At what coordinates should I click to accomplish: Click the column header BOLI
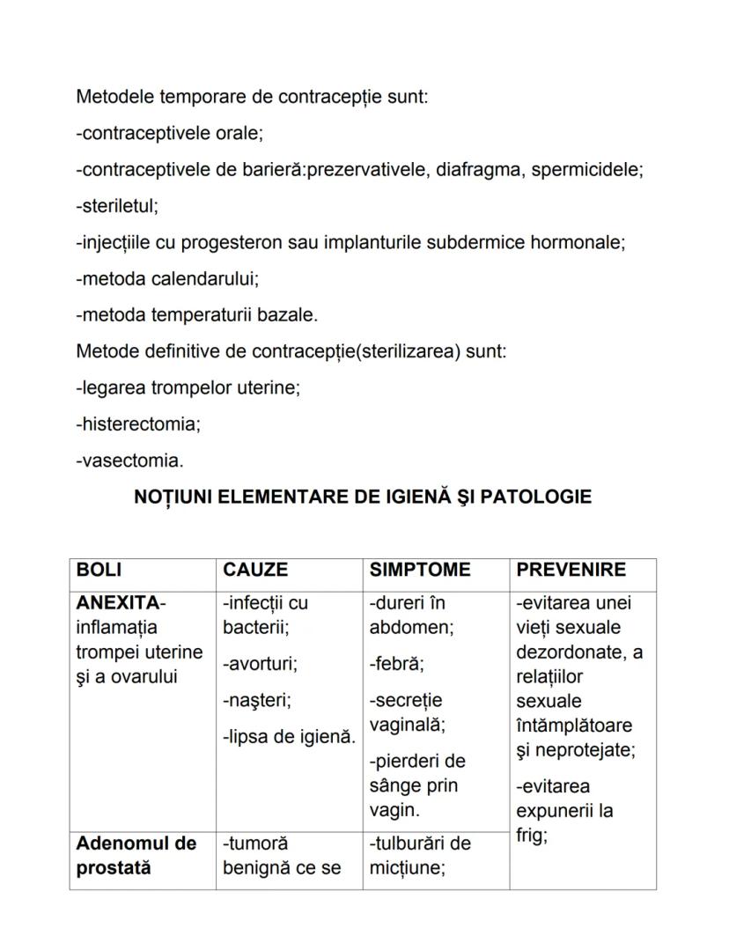[99, 571]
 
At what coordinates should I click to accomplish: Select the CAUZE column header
[255, 571]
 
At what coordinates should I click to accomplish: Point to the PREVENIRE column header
[571, 571]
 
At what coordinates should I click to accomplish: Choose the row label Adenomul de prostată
[136, 855]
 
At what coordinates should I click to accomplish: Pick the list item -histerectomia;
[138, 424]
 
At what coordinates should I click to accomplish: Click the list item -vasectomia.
[130, 460]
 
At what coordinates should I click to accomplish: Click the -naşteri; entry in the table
[257, 700]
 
